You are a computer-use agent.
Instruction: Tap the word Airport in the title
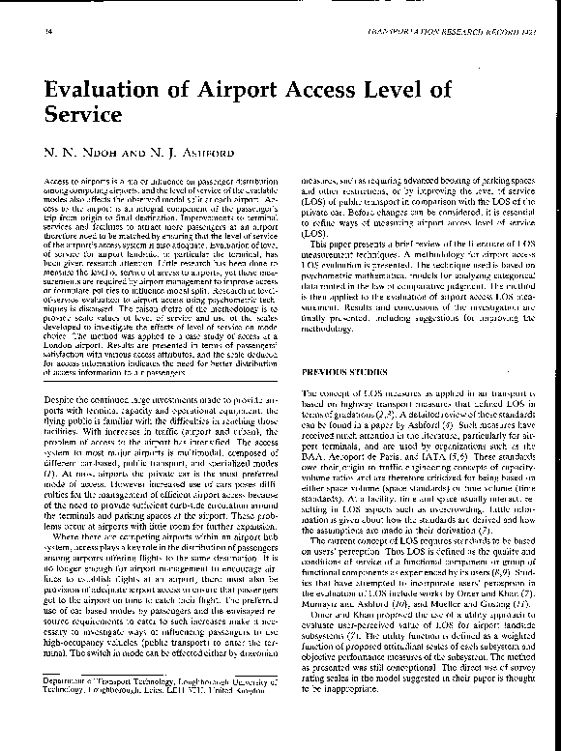click(x=257, y=92)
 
